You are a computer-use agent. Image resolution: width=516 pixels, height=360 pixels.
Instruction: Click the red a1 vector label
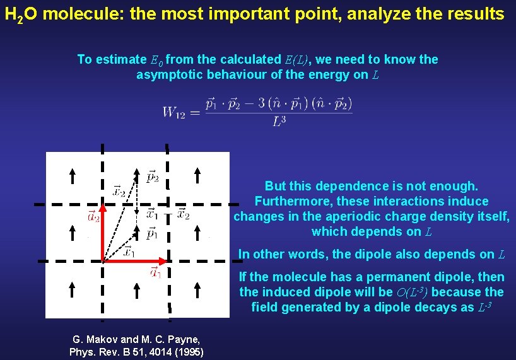(x=155, y=272)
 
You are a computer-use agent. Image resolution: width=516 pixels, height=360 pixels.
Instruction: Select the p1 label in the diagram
(x=152, y=235)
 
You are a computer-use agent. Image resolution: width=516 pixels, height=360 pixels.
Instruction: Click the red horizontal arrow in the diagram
(x=136, y=260)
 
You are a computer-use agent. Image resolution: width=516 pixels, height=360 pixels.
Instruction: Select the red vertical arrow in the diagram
(x=103, y=230)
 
